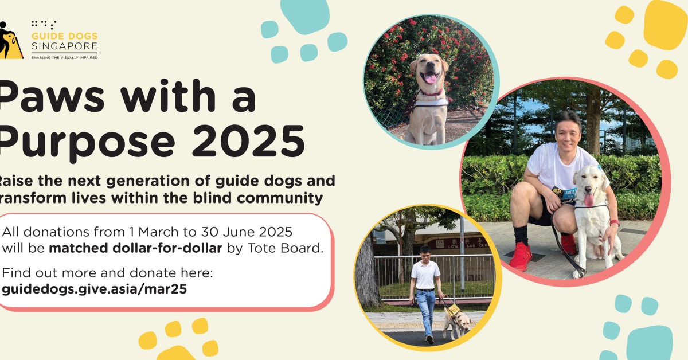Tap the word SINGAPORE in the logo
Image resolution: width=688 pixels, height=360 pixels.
coord(64,46)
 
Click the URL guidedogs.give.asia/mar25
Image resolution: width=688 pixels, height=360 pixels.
coord(95,289)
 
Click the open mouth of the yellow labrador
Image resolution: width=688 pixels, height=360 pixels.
coord(429,77)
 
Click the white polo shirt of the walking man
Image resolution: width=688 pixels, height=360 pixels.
coord(425,275)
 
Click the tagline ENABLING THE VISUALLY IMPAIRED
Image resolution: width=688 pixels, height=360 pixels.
coord(64,57)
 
